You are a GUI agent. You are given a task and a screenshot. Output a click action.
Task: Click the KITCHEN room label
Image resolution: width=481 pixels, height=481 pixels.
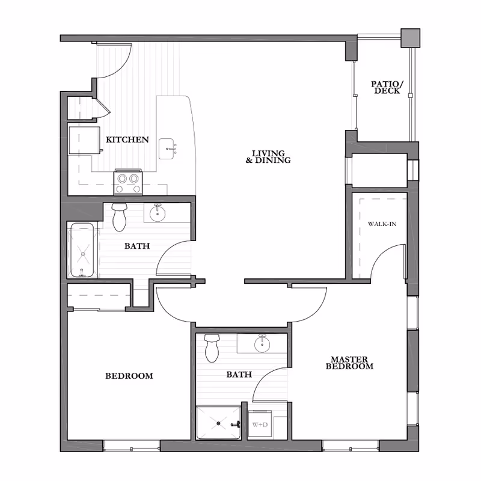tap(127, 140)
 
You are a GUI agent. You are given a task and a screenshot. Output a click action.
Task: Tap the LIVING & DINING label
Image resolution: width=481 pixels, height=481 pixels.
tap(268, 156)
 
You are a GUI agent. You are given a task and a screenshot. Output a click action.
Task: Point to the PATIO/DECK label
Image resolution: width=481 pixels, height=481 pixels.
tap(387, 87)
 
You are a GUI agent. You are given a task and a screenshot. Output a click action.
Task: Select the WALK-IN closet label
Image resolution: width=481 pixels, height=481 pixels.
tap(382, 224)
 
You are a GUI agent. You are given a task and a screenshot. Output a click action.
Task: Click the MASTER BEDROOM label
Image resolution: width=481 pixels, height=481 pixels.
tap(349, 363)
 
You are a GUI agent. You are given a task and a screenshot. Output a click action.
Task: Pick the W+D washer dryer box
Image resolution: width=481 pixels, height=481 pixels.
tap(260, 424)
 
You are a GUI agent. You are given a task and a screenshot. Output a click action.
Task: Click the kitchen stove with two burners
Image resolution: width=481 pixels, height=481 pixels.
tap(128, 182)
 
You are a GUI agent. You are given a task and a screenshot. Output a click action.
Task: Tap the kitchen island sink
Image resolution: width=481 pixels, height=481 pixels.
tap(167, 149)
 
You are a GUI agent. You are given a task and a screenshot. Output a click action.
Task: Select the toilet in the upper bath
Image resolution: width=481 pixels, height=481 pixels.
tap(120, 217)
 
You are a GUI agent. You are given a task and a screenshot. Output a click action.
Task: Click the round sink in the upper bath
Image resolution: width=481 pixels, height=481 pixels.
tap(158, 213)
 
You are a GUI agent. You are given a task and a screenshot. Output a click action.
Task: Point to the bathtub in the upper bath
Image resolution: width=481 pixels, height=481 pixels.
tap(82, 250)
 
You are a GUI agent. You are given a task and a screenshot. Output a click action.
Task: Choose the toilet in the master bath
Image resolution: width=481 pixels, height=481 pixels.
tap(212, 348)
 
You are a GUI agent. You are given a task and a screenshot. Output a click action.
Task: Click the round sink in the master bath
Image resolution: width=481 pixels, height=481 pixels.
tap(262, 344)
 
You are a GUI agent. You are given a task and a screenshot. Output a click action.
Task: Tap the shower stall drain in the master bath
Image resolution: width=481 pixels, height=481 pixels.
tap(218, 424)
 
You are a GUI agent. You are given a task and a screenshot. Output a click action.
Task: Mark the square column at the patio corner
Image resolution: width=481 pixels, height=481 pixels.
tap(411, 38)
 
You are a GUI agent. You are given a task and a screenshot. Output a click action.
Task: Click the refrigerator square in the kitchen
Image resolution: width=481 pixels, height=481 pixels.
tap(84, 140)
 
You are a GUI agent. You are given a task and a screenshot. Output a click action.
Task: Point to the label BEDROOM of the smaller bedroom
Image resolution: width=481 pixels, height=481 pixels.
tap(129, 376)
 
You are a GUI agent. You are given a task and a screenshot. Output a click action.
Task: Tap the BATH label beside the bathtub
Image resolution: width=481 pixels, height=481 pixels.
tap(137, 246)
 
